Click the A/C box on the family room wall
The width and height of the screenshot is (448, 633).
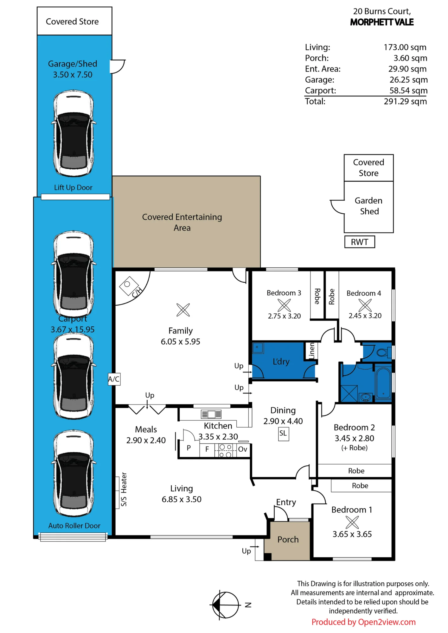pos(114,379)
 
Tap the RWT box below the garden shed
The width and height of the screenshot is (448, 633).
pos(360,242)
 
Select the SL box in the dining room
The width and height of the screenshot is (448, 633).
pos(283,434)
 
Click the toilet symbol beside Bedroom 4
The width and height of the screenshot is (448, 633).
pos(384,352)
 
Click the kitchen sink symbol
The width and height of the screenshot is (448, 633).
pos(211,414)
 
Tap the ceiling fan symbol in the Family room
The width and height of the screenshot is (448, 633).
pos(183,310)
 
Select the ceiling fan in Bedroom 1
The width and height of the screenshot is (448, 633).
pos(352,522)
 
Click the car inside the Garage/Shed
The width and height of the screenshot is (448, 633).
pos(74,133)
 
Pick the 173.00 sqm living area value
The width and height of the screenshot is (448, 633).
pos(405,47)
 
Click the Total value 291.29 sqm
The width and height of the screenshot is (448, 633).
pos(405,101)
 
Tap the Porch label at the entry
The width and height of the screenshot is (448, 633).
pos(288,539)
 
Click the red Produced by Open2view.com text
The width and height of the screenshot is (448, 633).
pos(363,622)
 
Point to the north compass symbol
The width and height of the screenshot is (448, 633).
pos(226,605)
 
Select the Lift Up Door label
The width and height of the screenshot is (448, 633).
pos(73,187)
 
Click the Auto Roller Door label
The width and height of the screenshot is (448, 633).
pos(74,526)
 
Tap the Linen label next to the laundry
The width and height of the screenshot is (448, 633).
pos(312,351)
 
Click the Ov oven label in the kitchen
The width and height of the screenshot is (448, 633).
pos(243,449)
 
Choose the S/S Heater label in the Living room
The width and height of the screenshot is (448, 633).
pos(124,489)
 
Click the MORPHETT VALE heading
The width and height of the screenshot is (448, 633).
pos(382,22)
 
